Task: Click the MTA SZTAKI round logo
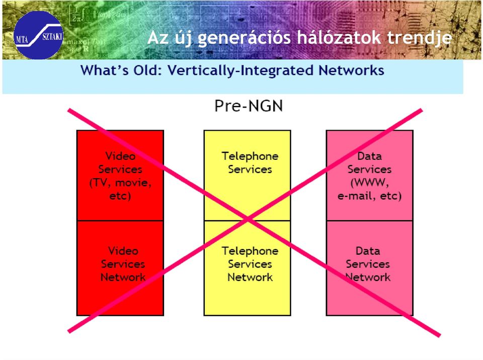[38, 35]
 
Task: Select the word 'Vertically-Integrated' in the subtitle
[240, 70]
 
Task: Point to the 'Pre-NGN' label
[249, 106]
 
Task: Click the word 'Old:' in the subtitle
[147, 70]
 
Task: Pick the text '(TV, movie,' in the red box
[120, 183]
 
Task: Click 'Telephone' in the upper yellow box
[250, 156]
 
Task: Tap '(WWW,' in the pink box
[369, 183]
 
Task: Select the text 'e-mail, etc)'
[369, 196]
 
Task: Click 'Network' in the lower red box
[123, 277]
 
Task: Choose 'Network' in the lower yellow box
[250, 277]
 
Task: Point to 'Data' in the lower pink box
[368, 251]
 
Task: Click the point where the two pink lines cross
[248, 220]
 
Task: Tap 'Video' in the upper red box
[120, 156]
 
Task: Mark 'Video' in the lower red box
[123, 251]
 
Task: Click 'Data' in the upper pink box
[369, 156]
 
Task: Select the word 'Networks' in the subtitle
[351, 70]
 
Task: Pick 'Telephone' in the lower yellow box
[250, 251]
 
